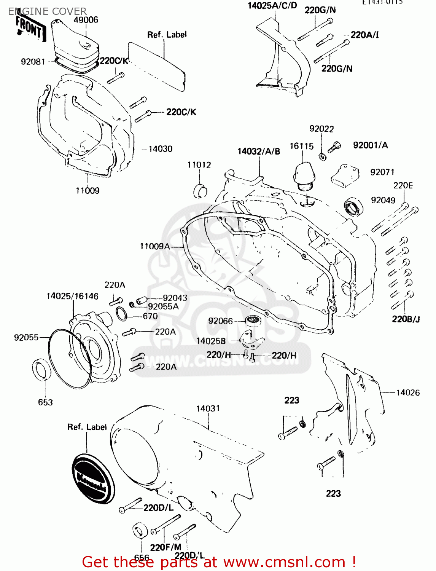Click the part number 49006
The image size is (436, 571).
tap(86, 20)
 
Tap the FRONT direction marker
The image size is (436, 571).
tap(29, 28)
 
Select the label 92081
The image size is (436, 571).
tap(33, 62)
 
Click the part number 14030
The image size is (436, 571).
tap(160, 149)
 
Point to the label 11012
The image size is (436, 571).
tap(199, 165)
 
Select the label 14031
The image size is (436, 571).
tap(208, 408)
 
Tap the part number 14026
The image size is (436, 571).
tap(408, 392)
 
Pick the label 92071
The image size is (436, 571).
tap(382, 172)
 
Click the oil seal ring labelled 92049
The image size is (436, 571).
tap(353, 207)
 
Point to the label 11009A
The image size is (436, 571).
tap(154, 246)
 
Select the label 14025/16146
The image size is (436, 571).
tap(72, 296)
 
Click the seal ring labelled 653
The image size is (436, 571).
tap(41, 369)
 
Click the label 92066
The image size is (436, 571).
tap(220, 321)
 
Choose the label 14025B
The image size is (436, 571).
tap(211, 341)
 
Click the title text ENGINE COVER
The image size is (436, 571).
tap(47, 11)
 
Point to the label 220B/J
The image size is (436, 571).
tap(406, 319)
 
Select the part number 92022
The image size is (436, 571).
tap(321, 129)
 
